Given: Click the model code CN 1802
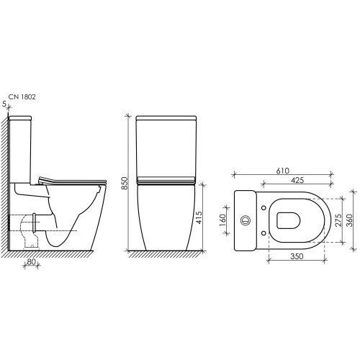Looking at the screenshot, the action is (x=22, y=96).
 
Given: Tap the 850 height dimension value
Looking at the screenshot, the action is (x=125, y=184).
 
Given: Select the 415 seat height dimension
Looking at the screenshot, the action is (x=199, y=217).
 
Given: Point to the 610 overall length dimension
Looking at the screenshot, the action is (x=283, y=171).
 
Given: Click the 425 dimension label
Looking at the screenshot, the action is (x=297, y=180).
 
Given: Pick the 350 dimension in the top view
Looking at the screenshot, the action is (x=297, y=256).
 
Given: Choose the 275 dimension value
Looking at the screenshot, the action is (x=338, y=220).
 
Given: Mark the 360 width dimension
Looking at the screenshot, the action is (x=350, y=220).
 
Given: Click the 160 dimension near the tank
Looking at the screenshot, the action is (x=222, y=220).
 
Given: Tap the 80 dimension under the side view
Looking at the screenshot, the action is (x=31, y=261).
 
